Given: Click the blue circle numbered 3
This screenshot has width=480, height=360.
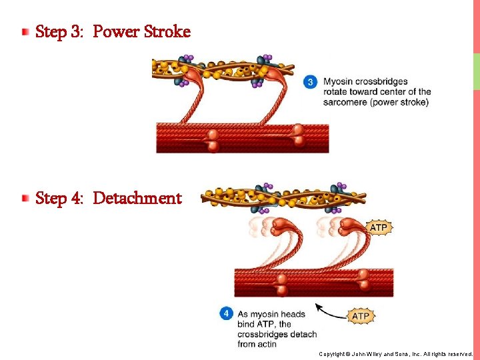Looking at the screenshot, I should [311, 82].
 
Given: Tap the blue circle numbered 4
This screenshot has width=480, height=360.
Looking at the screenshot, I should [227, 313].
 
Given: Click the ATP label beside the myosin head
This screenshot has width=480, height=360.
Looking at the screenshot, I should [378, 228].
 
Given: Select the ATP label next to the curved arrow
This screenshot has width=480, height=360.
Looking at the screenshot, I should [360, 315].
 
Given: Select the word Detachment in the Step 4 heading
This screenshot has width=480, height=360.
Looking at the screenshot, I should [137, 198].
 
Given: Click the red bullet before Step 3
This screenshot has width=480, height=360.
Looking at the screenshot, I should [25, 31].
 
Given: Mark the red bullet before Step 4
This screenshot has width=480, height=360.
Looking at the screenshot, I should [25, 197].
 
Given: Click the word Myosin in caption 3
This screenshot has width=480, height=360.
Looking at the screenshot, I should [339, 82].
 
